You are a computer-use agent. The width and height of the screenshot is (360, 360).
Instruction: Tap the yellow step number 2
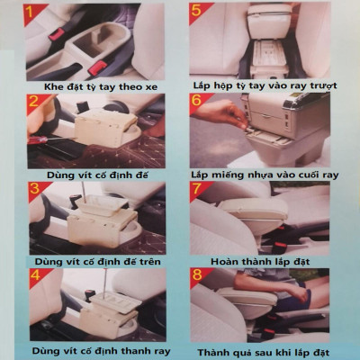tap(33, 101)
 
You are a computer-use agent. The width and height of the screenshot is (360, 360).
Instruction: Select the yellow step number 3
tap(35, 188)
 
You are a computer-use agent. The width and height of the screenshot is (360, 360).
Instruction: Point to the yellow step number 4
tap(36, 274)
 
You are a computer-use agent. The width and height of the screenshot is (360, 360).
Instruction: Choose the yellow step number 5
tap(196, 11)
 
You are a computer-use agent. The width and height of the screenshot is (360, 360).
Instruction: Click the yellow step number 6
tap(197, 100)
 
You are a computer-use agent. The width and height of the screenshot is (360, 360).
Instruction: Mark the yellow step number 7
tap(197, 189)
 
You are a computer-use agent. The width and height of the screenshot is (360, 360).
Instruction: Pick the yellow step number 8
tap(197, 274)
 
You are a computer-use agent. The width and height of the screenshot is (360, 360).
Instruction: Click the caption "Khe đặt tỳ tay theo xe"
tap(101, 87)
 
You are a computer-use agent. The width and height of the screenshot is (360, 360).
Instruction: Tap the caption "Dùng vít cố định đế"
tap(97, 175)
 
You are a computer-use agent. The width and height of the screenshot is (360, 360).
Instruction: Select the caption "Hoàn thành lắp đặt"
tap(260, 262)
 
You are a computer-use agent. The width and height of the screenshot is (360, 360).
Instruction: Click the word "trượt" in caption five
tap(324, 85)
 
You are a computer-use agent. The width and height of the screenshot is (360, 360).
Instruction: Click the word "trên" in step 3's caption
tap(150, 262)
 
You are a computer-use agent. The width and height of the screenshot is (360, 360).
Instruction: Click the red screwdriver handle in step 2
tap(37, 139)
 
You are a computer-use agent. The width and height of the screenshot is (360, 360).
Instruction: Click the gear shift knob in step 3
tap(76, 198)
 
